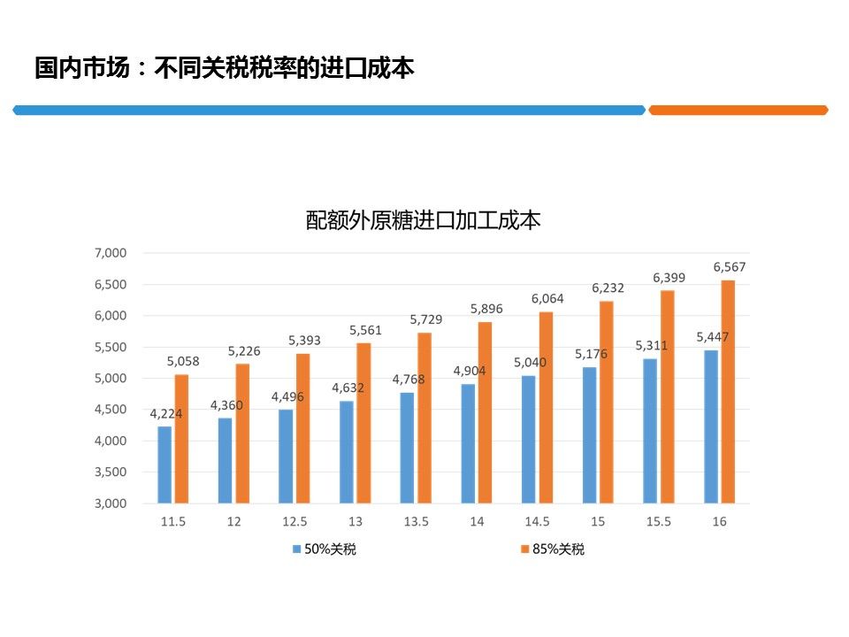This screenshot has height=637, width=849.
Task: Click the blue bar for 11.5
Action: (x=164, y=464)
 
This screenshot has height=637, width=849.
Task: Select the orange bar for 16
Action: (x=728, y=392)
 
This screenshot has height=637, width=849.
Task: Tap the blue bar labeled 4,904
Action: (x=467, y=443)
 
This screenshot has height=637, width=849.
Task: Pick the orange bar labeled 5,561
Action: (x=363, y=423)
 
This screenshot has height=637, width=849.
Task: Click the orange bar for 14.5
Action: (x=546, y=407)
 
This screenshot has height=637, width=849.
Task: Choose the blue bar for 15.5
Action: (x=650, y=431)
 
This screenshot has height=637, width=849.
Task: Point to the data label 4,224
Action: (x=165, y=413)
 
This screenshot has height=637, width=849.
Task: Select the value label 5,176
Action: (x=591, y=354)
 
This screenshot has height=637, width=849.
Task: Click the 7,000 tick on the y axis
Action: (x=111, y=253)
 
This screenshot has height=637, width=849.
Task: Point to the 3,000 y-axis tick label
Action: (x=111, y=503)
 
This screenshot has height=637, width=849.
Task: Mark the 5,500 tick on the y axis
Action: (x=111, y=347)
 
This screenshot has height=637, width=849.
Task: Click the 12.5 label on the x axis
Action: (x=294, y=522)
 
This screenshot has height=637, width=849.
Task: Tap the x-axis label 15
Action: (x=598, y=522)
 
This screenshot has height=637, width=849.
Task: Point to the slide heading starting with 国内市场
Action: (x=225, y=68)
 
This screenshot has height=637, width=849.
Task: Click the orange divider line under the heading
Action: (x=738, y=111)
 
